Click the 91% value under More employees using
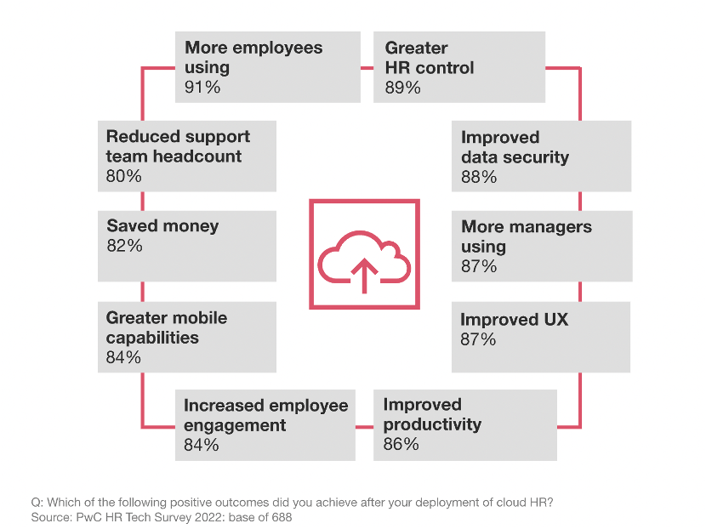[x=202, y=87]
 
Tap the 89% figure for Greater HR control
[x=402, y=87]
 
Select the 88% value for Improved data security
[x=479, y=177]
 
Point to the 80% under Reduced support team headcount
[x=124, y=176]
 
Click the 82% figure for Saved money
[x=124, y=246]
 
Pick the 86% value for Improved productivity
[x=401, y=444]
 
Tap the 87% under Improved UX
[x=478, y=339]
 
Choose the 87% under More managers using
[x=479, y=266]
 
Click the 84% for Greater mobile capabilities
[x=123, y=357]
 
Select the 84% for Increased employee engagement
[x=202, y=445]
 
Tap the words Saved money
[x=162, y=226]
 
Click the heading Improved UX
[x=514, y=320]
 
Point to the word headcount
[x=199, y=156]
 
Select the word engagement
[x=234, y=425]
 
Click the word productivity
[x=432, y=424]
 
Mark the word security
[x=536, y=157]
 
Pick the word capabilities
[x=152, y=338]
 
